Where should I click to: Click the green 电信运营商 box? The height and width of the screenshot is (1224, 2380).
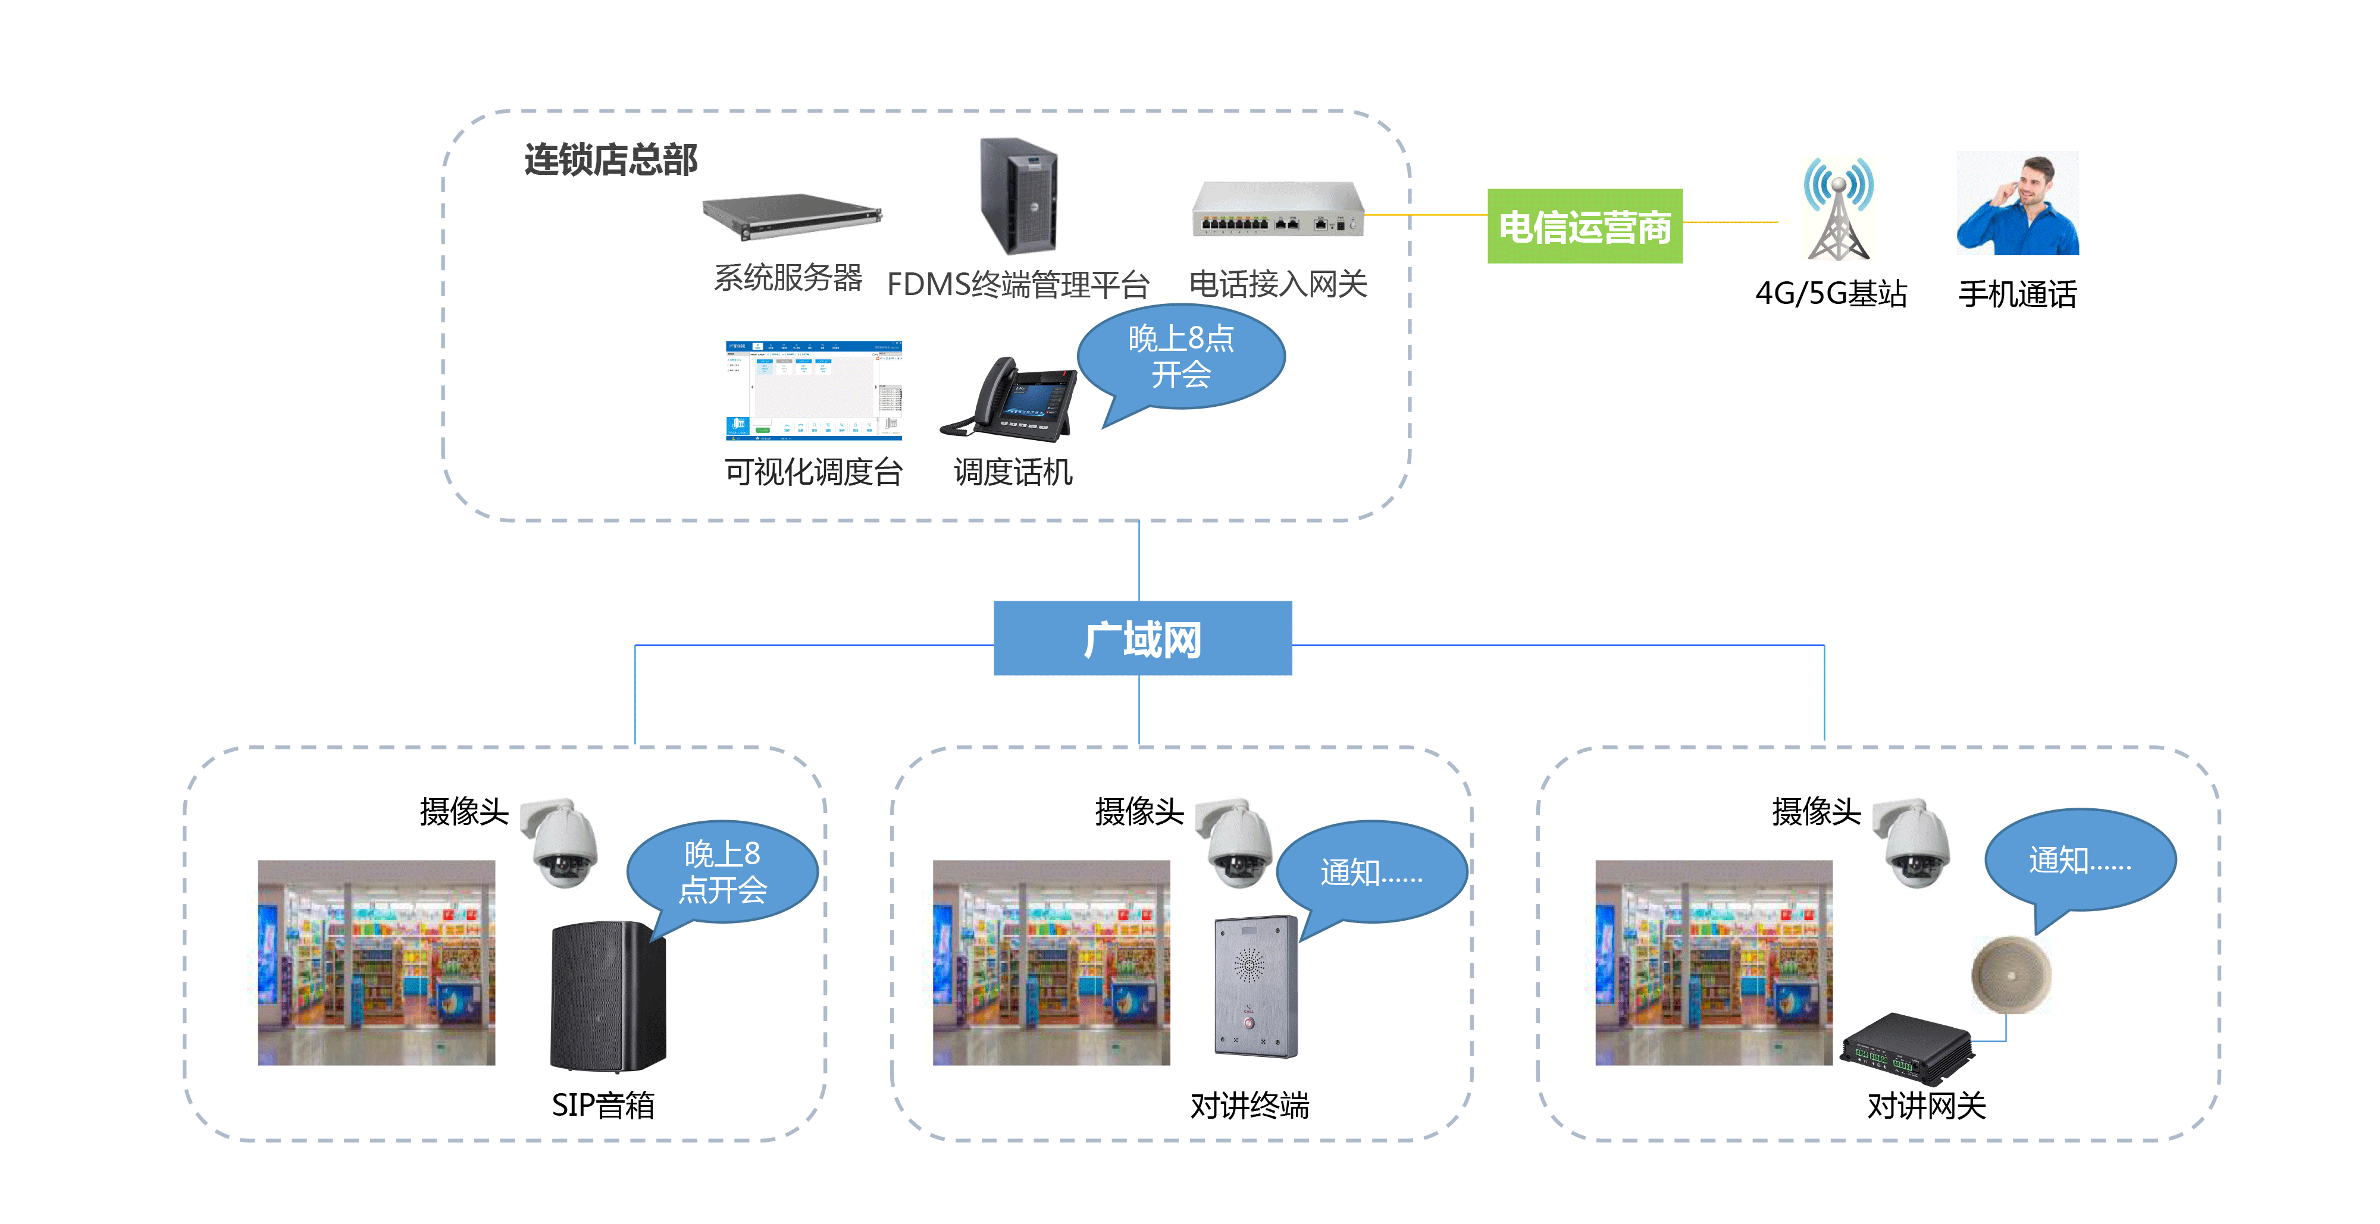coord(1584,227)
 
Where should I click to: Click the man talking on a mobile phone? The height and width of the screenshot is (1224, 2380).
coord(2018,203)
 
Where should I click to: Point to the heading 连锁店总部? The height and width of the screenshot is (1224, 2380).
coord(610,160)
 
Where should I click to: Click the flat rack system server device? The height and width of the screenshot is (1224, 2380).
coord(792,216)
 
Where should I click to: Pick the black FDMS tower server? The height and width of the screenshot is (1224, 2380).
coord(1018,195)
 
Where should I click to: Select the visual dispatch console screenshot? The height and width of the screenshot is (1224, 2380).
coord(813,390)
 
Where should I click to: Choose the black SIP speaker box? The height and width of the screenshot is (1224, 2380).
coord(608,997)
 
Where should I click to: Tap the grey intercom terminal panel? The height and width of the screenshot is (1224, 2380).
coord(1255,987)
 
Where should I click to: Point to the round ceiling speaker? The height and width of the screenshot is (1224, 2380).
coord(2011,975)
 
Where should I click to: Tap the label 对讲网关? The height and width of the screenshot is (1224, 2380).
coord(1927,1105)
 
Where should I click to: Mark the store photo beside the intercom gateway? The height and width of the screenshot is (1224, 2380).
coord(1713,962)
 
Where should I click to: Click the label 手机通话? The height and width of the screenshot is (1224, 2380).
coord(2018,294)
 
